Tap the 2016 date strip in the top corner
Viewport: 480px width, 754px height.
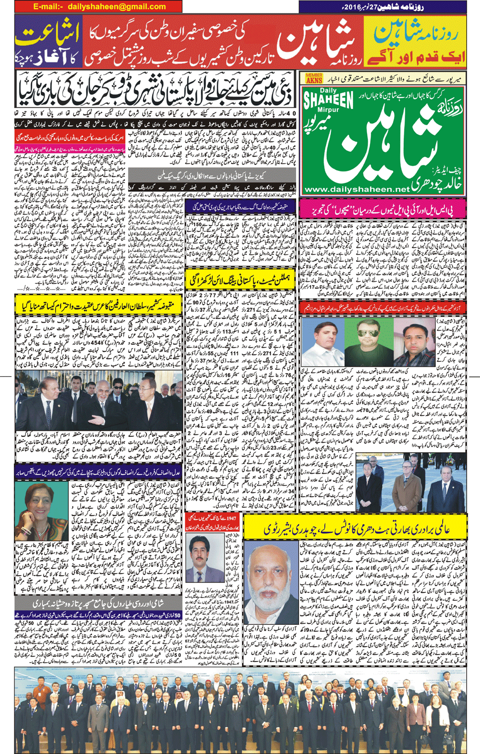click(383, 7)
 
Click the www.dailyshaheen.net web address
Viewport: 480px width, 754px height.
click(357, 189)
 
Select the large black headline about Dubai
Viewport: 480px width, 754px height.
click(155, 92)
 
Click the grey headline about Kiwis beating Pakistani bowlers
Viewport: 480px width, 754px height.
click(211, 175)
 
